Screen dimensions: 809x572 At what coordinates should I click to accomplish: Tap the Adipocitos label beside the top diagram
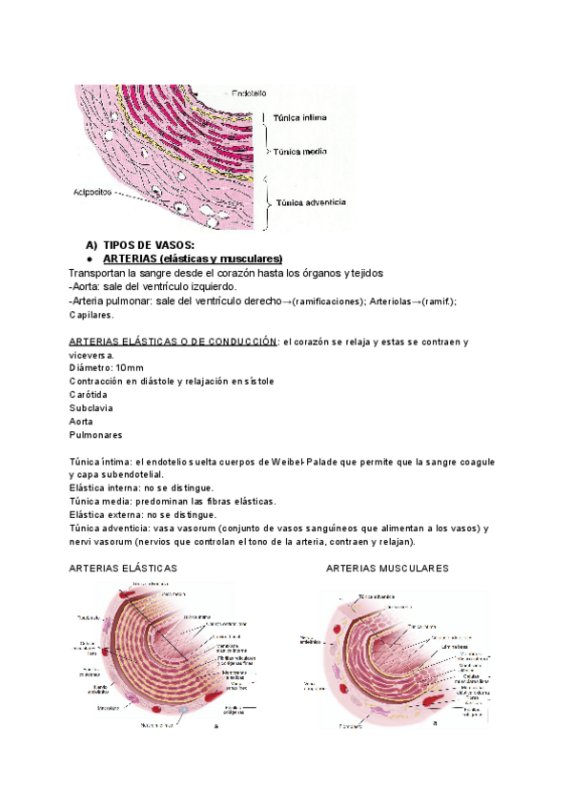tap(94, 192)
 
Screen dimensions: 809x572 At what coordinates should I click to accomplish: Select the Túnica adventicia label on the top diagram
tap(311, 202)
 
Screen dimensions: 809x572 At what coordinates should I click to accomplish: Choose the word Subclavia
tap(91, 407)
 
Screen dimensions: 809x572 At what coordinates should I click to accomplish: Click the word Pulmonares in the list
tap(96, 434)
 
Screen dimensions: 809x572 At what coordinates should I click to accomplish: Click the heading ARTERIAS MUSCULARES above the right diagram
tap(387, 568)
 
